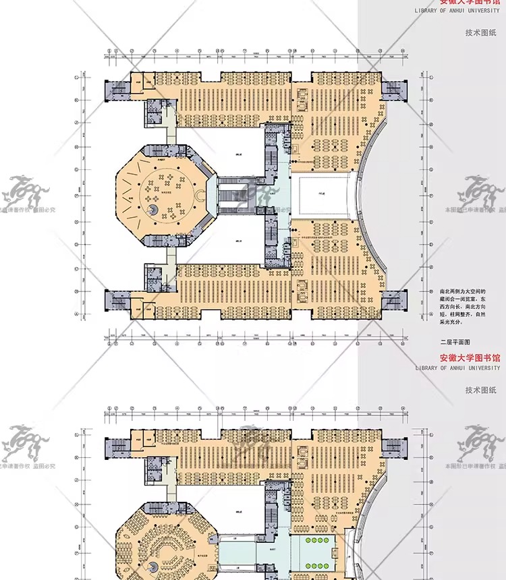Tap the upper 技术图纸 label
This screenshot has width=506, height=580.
[480, 32]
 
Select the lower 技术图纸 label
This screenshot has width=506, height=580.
[480, 390]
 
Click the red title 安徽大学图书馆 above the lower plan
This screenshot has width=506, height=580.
[470, 357]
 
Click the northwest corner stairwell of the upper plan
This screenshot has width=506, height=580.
[117, 90]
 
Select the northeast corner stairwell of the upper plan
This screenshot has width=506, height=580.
[395, 90]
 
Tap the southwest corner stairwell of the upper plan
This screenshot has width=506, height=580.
[117, 300]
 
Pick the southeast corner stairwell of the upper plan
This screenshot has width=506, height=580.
[395, 300]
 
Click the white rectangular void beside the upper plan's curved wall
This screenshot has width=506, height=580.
[320, 194]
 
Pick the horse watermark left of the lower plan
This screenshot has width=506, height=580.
[24, 446]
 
